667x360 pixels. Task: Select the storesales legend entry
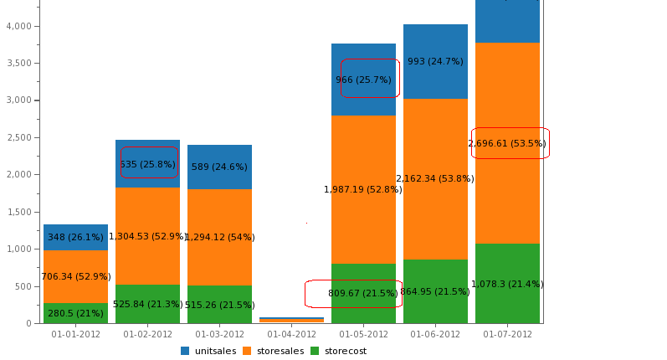pos(272,351)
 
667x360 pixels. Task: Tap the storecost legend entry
pos(338,351)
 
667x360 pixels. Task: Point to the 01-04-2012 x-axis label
pos(291,334)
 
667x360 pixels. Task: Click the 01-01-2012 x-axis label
pos(75,334)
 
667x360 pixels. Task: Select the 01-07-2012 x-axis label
pos(507,334)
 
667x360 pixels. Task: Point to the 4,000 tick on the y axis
pos(18,26)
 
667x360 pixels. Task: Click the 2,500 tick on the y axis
pos(18,137)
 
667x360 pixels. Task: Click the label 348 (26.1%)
pos(75,237)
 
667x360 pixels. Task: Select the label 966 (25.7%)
pos(363,80)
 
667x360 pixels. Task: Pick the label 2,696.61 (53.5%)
pos(507,143)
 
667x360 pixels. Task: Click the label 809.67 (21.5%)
pos(363,293)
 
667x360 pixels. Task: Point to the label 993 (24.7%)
pos(435,61)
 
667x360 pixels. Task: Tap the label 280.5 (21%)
pos(75,313)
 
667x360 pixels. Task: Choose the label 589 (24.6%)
pos(219,167)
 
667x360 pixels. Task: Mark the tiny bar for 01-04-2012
pos(291,320)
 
